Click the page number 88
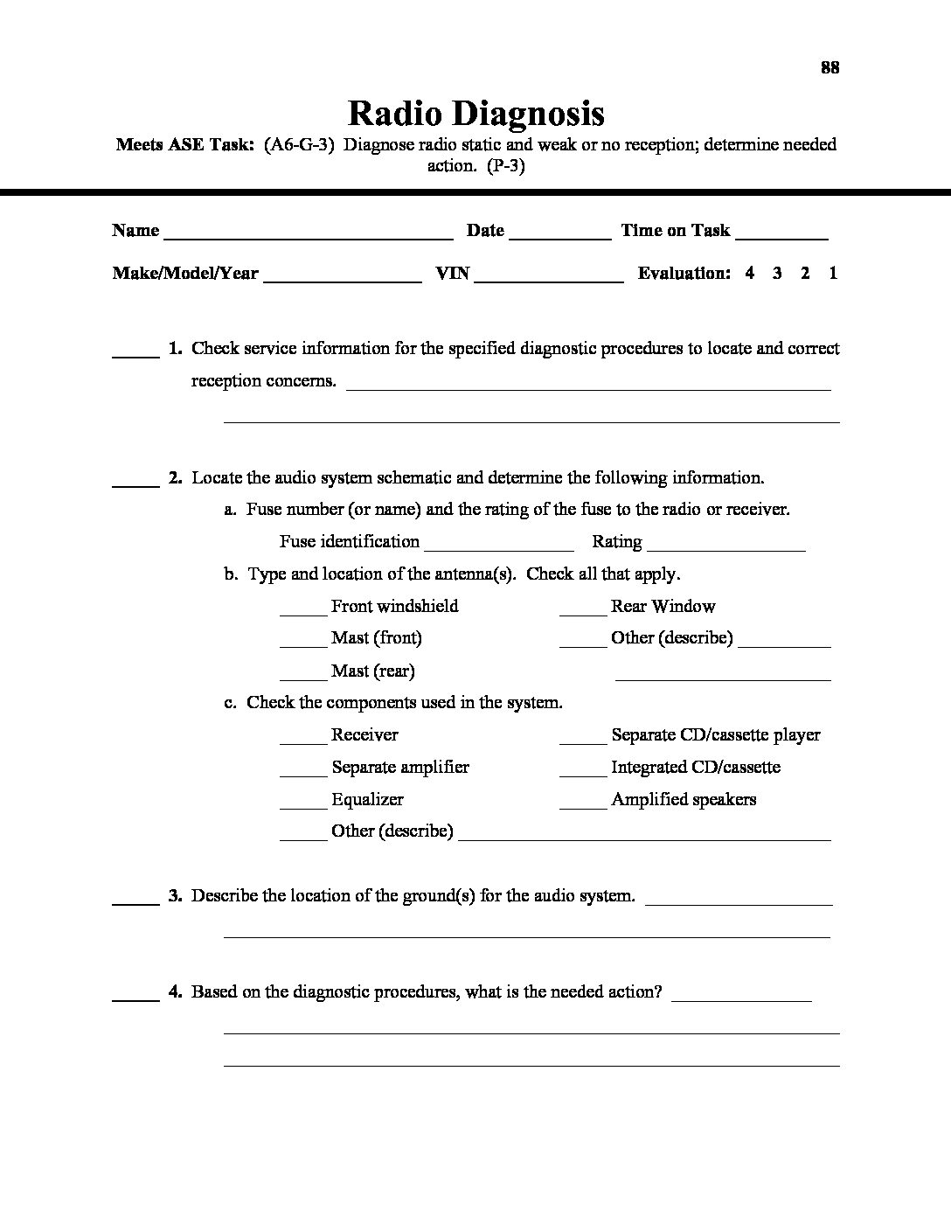pyautogui.click(x=830, y=67)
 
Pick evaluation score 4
pyautogui.click(x=750, y=273)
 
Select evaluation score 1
pyautogui.click(x=833, y=273)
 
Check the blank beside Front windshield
pyautogui.click(x=302, y=610)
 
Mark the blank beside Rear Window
pyautogui.click(x=582, y=610)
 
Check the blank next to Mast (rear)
pyautogui.click(x=302, y=675)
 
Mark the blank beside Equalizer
pyautogui.click(x=302, y=803)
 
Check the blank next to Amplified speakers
pyautogui.click(x=582, y=803)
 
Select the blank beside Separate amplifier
pyautogui.click(x=302, y=771)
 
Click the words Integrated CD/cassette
pyautogui.click(x=696, y=768)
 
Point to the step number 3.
pyautogui.click(x=175, y=895)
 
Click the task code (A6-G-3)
pyautogui.click(x=299, y=145)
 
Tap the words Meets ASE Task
pyautogui.click(x=184, y=145)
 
